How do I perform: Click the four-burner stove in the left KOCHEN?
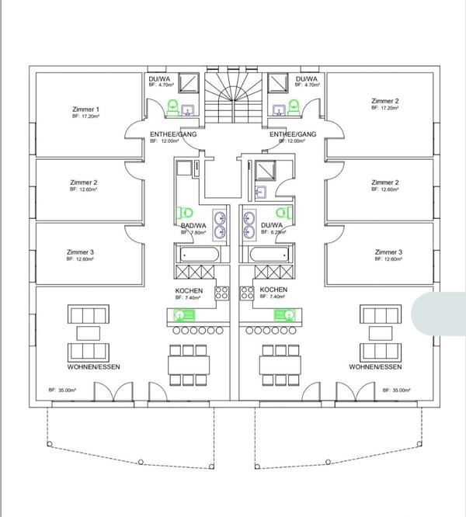click(x=222, y=293)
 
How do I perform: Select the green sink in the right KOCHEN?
click(x=283, y=314)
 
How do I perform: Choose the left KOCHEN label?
click(x=189, y=290)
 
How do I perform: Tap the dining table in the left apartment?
click(x=189, y=363)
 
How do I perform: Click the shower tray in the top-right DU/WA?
click(x=277, y=83)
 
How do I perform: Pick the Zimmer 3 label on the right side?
click(x=388, y=252)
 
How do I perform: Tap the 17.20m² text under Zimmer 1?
click(x=85, y=116)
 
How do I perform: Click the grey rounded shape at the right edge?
click(x=439, y=314)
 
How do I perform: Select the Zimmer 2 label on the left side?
click(x=83, y=182)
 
